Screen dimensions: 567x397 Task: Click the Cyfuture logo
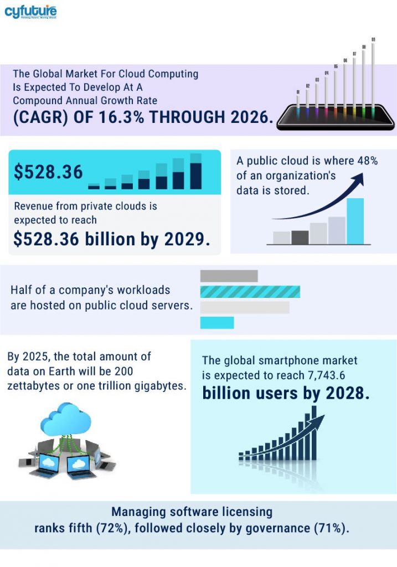click(x=30, y=12)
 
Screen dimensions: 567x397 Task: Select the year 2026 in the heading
click(x=246, y=118)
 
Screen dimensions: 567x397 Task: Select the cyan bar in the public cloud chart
click(x=355, y=221)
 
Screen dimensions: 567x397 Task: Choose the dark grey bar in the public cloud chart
click(x=300, y=237)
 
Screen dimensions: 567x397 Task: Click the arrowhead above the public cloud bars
click(x=360, y=177)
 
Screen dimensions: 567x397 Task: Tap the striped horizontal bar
click(x=250, y=292)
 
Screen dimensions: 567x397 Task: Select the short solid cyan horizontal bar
click(x=216, y=322)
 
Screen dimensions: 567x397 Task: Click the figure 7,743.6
click(x=331, y=375)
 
